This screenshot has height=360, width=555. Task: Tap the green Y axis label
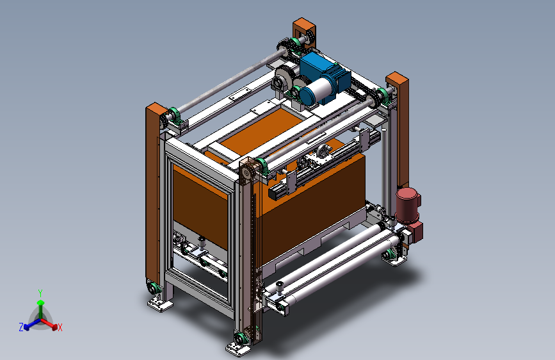[40, 293]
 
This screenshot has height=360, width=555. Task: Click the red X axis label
[60, 328]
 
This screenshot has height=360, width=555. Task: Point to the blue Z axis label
[21, 327]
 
